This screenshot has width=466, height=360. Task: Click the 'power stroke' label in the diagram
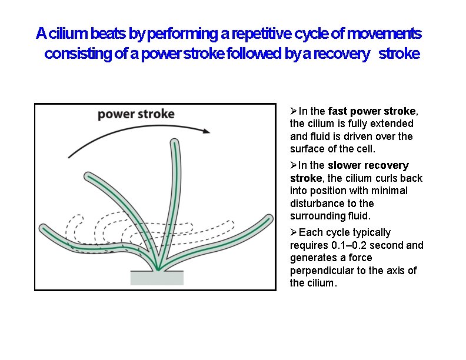click(x=136, y=114)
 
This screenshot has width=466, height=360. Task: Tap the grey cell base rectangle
click(x=157, y=277)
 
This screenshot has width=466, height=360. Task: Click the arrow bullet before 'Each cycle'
click(x=294, y=232)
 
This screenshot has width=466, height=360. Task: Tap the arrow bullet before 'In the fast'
click(x=294, y=111)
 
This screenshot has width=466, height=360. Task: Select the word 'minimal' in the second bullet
click(x=391, y=191)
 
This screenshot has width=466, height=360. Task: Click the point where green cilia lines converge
click(x=158, y=269)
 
